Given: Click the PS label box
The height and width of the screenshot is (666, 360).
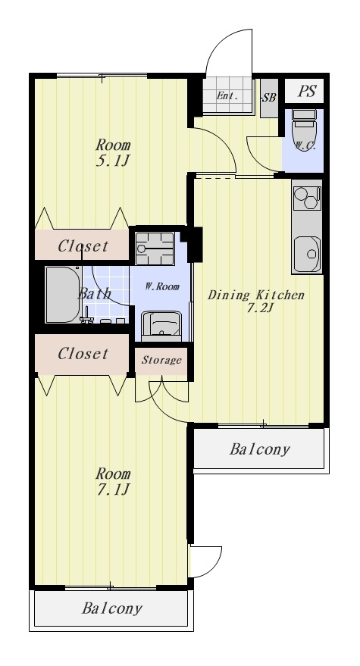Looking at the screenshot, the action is (306, 91).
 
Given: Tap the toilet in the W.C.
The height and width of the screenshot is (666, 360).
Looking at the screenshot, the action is (304, 127).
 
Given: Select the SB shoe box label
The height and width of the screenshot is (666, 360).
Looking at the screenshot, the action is (269, 98).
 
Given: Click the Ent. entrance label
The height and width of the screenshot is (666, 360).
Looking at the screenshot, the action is (227, 95).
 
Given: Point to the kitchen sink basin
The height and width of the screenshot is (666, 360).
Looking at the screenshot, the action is (307, 254).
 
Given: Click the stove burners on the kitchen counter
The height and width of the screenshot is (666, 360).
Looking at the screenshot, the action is (306, 198).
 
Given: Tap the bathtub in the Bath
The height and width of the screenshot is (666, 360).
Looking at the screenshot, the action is (63, 294).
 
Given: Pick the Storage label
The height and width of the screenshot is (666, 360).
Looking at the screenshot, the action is (161, 360).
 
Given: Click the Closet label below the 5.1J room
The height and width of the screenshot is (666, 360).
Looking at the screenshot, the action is (83, 245).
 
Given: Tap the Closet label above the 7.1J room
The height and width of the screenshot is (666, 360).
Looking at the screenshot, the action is (83, 353).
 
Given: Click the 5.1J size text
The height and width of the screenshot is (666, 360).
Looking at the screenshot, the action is (112, 161).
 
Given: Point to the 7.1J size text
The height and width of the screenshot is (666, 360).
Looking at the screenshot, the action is (112, 490).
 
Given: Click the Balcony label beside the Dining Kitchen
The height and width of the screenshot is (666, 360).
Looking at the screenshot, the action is (260, 449).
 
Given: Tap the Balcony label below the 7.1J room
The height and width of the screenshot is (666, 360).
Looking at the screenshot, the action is (111, 608).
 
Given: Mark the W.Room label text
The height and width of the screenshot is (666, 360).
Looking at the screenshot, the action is (162, 286).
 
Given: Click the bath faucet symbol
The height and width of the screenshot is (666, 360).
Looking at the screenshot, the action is (87, 317).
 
